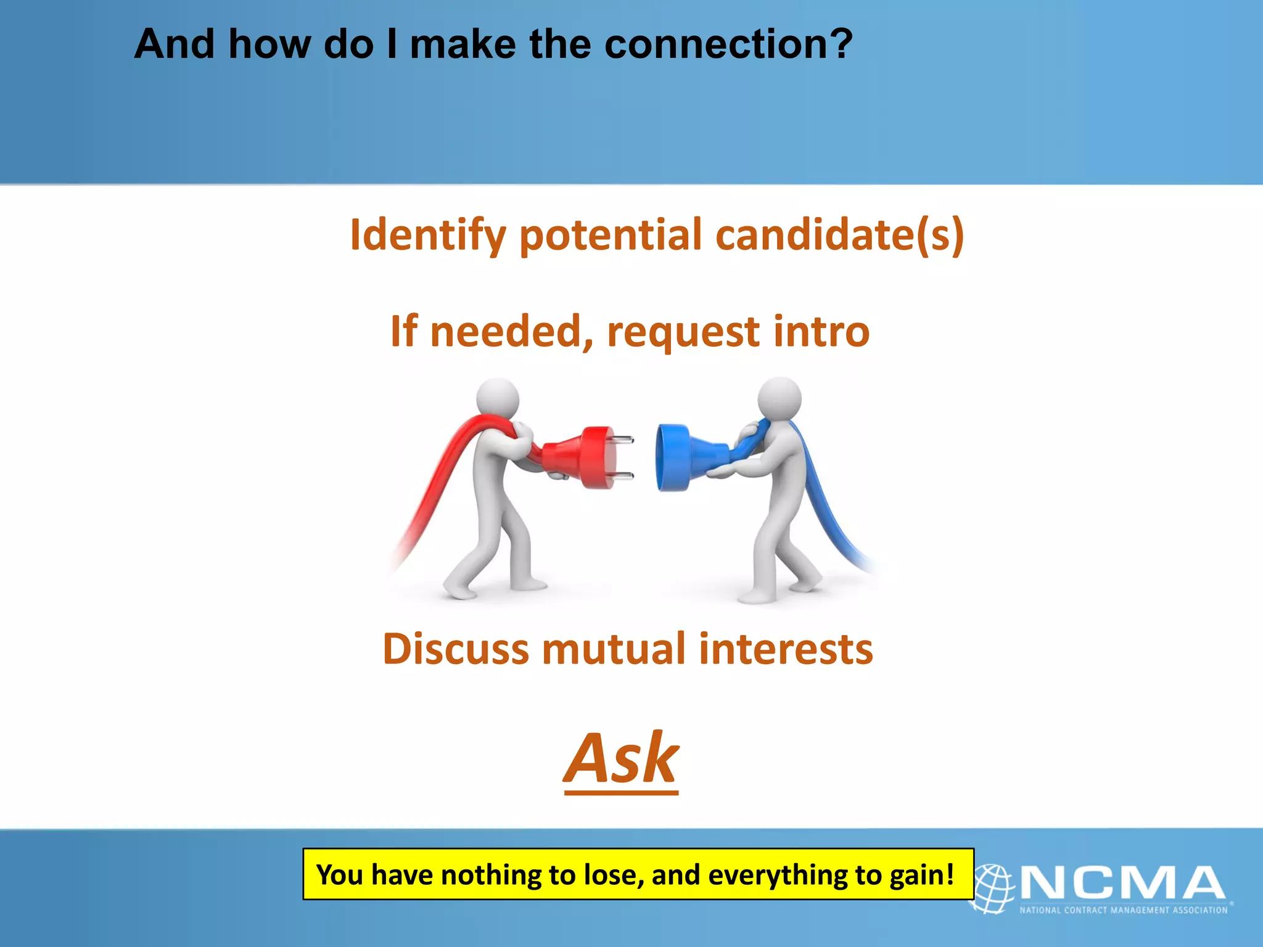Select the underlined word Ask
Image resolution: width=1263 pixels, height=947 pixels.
(x=621, y=759)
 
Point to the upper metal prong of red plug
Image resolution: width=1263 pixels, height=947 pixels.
(x=623, y=440)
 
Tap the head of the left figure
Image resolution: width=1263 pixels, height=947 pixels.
(x=498, y=400)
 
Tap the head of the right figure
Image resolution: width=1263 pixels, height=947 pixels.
(x=780, y=398)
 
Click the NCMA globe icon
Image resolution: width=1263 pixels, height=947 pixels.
(x=992, y=888)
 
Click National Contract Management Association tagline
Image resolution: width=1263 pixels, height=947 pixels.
(x=1123, y=910)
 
